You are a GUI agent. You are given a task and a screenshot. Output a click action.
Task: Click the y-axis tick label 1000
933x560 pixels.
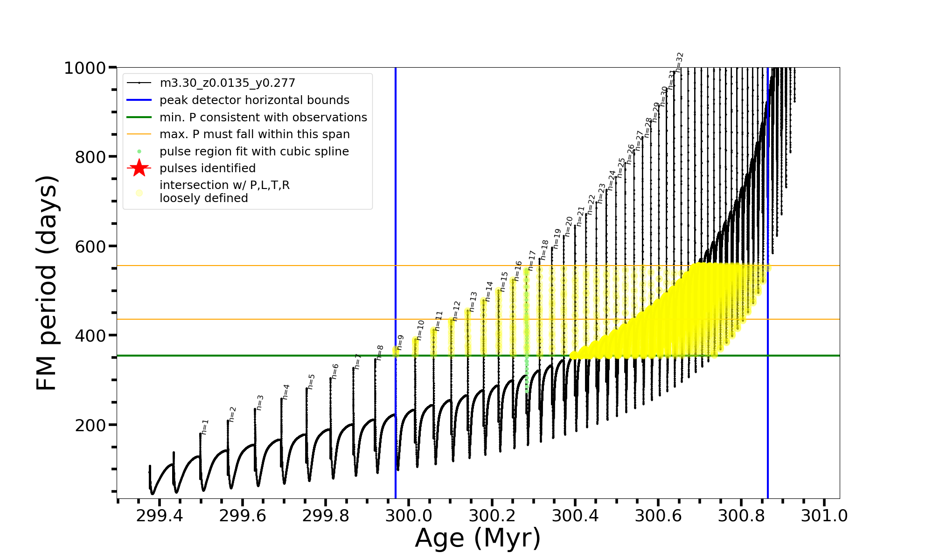[85, 68]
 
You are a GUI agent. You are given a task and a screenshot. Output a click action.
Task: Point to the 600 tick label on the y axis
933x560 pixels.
[91, 246]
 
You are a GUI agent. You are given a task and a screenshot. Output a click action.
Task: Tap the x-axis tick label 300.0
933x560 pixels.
[409, 516]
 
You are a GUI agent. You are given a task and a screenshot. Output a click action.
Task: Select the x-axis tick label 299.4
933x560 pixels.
[159, 516]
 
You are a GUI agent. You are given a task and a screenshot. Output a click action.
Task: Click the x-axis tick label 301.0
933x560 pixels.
[824, 516]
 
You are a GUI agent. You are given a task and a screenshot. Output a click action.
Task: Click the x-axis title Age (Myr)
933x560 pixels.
[478, 538]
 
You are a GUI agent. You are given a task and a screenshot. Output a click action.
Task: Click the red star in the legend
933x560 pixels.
[139, 168]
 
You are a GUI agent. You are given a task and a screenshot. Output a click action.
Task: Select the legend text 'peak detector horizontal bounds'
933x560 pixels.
[254, 100]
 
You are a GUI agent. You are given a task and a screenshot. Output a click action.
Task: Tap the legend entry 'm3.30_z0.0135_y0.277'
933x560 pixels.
[227, 83]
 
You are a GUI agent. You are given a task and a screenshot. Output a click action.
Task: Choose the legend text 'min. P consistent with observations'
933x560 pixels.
[263, 118]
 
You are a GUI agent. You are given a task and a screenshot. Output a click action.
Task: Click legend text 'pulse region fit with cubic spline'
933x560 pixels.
[254, 152]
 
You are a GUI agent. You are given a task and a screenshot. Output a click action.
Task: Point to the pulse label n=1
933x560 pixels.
[205, 427]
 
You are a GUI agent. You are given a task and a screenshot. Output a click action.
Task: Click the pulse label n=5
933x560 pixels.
[311, 382]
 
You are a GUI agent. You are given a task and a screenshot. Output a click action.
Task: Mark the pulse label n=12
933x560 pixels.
[456, 311]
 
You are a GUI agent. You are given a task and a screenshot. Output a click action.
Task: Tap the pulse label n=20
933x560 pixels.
[569, 226]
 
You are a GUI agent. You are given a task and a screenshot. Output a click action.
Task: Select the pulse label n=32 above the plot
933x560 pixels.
[679, 62]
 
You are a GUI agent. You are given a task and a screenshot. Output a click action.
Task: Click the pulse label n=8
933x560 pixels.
[380, 353]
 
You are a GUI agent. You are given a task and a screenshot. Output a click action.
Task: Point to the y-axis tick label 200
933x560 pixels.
[91, 425]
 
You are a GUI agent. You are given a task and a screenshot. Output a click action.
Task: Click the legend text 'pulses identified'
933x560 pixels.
[207, 168]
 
